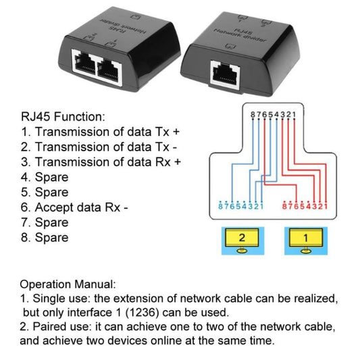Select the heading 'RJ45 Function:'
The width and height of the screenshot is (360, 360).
(63, 117)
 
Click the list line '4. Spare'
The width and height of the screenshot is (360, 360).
(45, 177)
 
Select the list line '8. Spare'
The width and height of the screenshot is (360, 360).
(45, 237)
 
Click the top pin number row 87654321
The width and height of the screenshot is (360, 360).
(273, 115)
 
